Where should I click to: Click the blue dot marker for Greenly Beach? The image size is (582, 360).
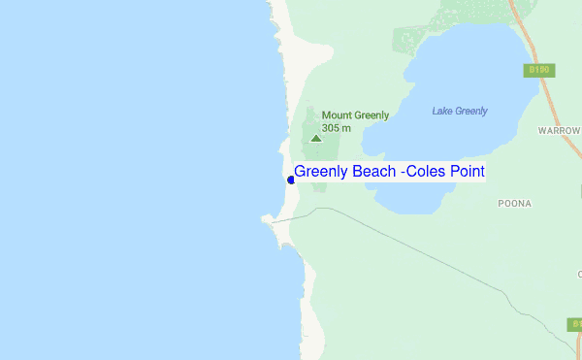(290, 180)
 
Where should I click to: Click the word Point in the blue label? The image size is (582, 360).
(466, 172)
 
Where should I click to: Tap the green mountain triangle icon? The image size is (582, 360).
(315, 138)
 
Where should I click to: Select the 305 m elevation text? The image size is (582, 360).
(337, 128)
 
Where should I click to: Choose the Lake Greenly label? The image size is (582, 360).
(459, 111)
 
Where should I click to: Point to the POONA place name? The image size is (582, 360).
(513, 204)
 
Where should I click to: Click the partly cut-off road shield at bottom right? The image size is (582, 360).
(575, 324)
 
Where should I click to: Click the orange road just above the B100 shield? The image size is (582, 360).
(531, 49)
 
